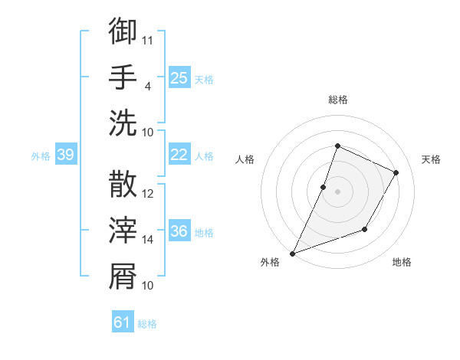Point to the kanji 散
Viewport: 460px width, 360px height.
[x=123, y=185]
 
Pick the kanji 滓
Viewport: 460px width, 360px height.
[x=123, y=231]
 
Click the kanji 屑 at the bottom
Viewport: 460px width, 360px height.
[x=123, y=277]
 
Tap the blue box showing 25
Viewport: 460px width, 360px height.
[x=179, y=77]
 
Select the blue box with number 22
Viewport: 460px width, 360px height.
[x=179, y=155]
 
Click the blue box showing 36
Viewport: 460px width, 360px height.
[x=179, y=232]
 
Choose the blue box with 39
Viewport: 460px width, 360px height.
[x=65, y=155]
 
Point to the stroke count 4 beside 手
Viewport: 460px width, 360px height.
[x=147, y=86]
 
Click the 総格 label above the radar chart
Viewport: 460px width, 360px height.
[x=337, y=100]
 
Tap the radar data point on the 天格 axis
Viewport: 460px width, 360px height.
[x=396, y=172]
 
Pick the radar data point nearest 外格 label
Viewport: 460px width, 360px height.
[x=292, y=254]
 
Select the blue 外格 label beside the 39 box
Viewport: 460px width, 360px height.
[x=41, y=156]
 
